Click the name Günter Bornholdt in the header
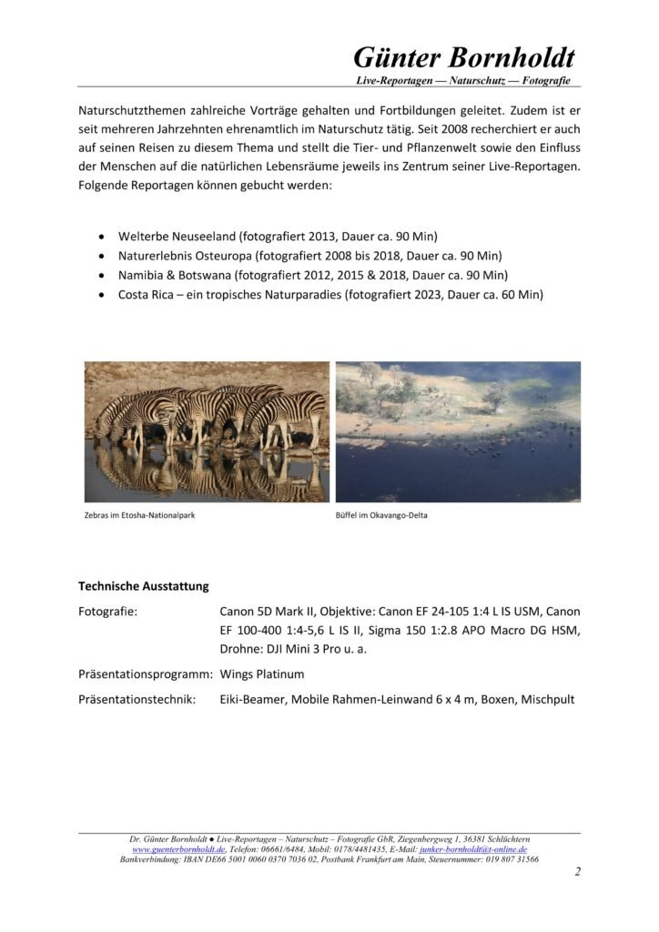pos(463,57)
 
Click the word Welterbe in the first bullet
pos(146,234)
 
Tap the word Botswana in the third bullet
pos(201,275)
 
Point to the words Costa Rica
pos(149,295)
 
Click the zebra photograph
pos(207,431)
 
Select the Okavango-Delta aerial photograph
pos(458,431)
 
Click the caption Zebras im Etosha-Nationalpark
pos(139,515)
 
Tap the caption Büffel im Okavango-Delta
pos(381,515)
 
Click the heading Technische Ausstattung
pos(143,586)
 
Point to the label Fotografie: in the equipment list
pos(107,612)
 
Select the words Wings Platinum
pos(262,674)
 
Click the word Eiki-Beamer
pos(252,700)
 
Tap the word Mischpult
pos(546,700)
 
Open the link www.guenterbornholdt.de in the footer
pos(178,849)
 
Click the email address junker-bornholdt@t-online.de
pos(473,849)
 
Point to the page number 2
pos(577,872)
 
